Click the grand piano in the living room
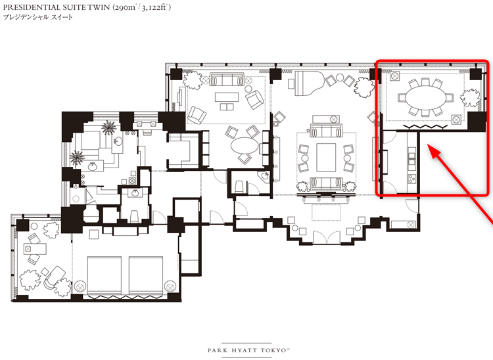(x=309, y=83)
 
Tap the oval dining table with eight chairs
(x=426, y=98)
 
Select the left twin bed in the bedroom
(x=104, y=275)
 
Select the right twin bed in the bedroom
(x=146, y=275)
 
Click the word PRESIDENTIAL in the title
(x=32, y=7)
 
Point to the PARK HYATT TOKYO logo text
(x=248, y=350)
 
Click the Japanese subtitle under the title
(x=37, y=17)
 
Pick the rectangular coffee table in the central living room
(x=326, y=158)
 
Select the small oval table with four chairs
(x=245, y=146)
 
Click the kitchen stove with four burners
(x=412, y=179)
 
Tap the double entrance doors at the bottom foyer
(x=326, y=237)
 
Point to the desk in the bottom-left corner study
(x=35, y=249)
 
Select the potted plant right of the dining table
(x=471, y=99)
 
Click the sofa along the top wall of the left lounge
(x=227, y=79)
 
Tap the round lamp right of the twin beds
(x=170, y=287)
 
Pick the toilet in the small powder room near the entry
(x=239, y=187)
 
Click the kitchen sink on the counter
(x=412, y=157)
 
